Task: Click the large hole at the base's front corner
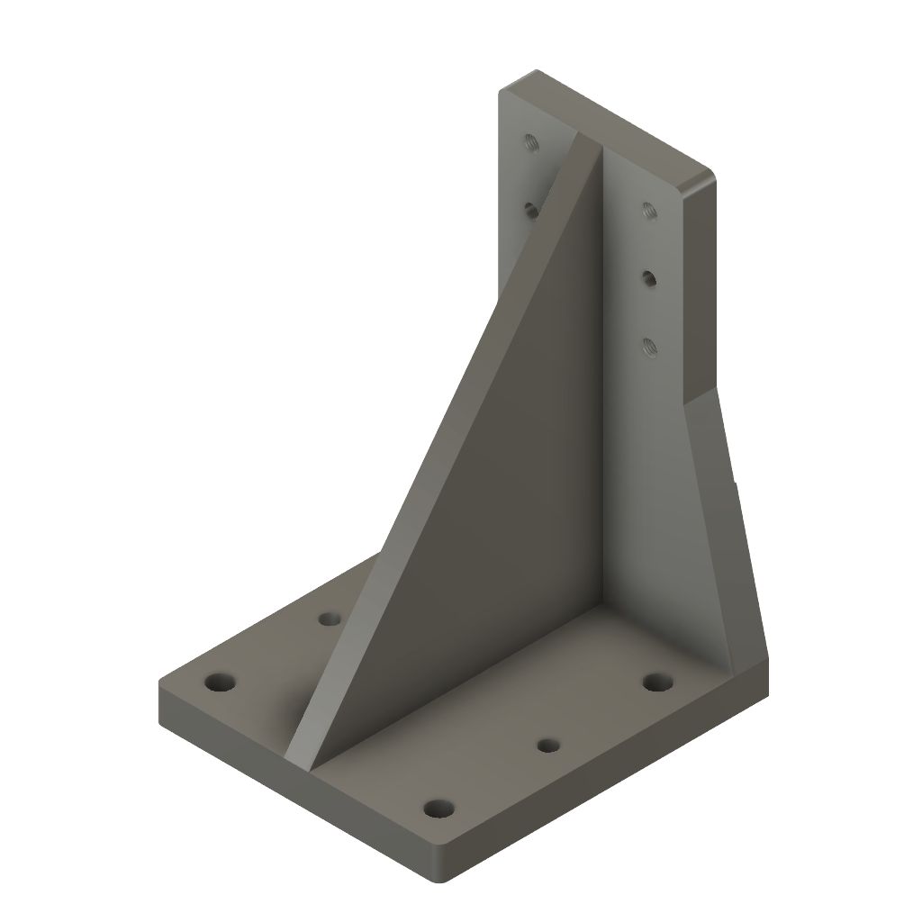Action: click(x=438, y=808)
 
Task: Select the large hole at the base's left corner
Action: click(x=218, y=682)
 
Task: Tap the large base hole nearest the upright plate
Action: click(x=658, y=682)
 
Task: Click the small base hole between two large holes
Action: click(x=546, y=745)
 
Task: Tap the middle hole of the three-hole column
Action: click(x=647, y=277)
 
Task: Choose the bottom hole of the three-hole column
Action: click(x=648, y=344)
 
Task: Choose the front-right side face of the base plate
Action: click(x=612, y=783)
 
